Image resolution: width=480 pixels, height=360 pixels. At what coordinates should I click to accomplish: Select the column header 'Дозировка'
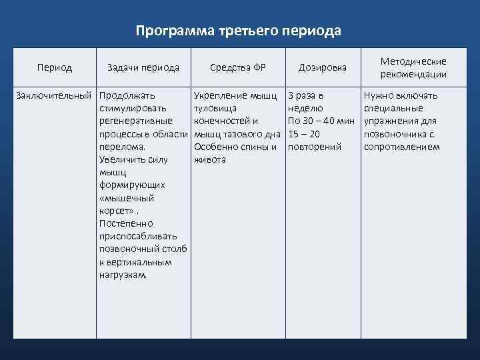click(x=322, y=67)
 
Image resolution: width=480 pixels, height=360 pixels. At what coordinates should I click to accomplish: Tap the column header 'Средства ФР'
click(x=237, y=67)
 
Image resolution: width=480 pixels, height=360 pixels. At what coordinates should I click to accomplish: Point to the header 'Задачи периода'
click(x=143, y=67)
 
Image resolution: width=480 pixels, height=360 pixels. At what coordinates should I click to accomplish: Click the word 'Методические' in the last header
click(x=413, y=61)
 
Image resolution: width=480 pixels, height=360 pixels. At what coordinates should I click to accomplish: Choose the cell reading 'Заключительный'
click(x=54, y=95)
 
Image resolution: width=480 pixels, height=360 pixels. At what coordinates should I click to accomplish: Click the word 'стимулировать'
click(x=133, y=108)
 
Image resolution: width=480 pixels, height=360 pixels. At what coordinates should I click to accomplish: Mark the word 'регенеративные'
click(x=135, y=121)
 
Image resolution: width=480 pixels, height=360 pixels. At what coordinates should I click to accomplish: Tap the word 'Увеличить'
click(x=124, y=159)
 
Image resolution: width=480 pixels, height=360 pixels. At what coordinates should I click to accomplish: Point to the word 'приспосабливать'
click(x=137, y=236)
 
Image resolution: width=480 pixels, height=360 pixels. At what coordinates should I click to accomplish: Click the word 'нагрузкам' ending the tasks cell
click(x=124, y=275)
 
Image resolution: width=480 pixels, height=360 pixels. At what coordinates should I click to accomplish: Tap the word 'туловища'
click(x=213, y=108)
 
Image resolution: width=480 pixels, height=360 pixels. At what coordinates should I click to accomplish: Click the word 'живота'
click(x=209, y=159)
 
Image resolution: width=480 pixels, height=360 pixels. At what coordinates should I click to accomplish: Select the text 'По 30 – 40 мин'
click(x=321, y=121)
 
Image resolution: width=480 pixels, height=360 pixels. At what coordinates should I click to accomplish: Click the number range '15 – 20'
click(x=304, y=134)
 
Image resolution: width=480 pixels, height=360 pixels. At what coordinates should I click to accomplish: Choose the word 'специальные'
click(x=393, y=108)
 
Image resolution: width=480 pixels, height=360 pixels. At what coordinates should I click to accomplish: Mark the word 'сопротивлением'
click(x=401, y=147)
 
